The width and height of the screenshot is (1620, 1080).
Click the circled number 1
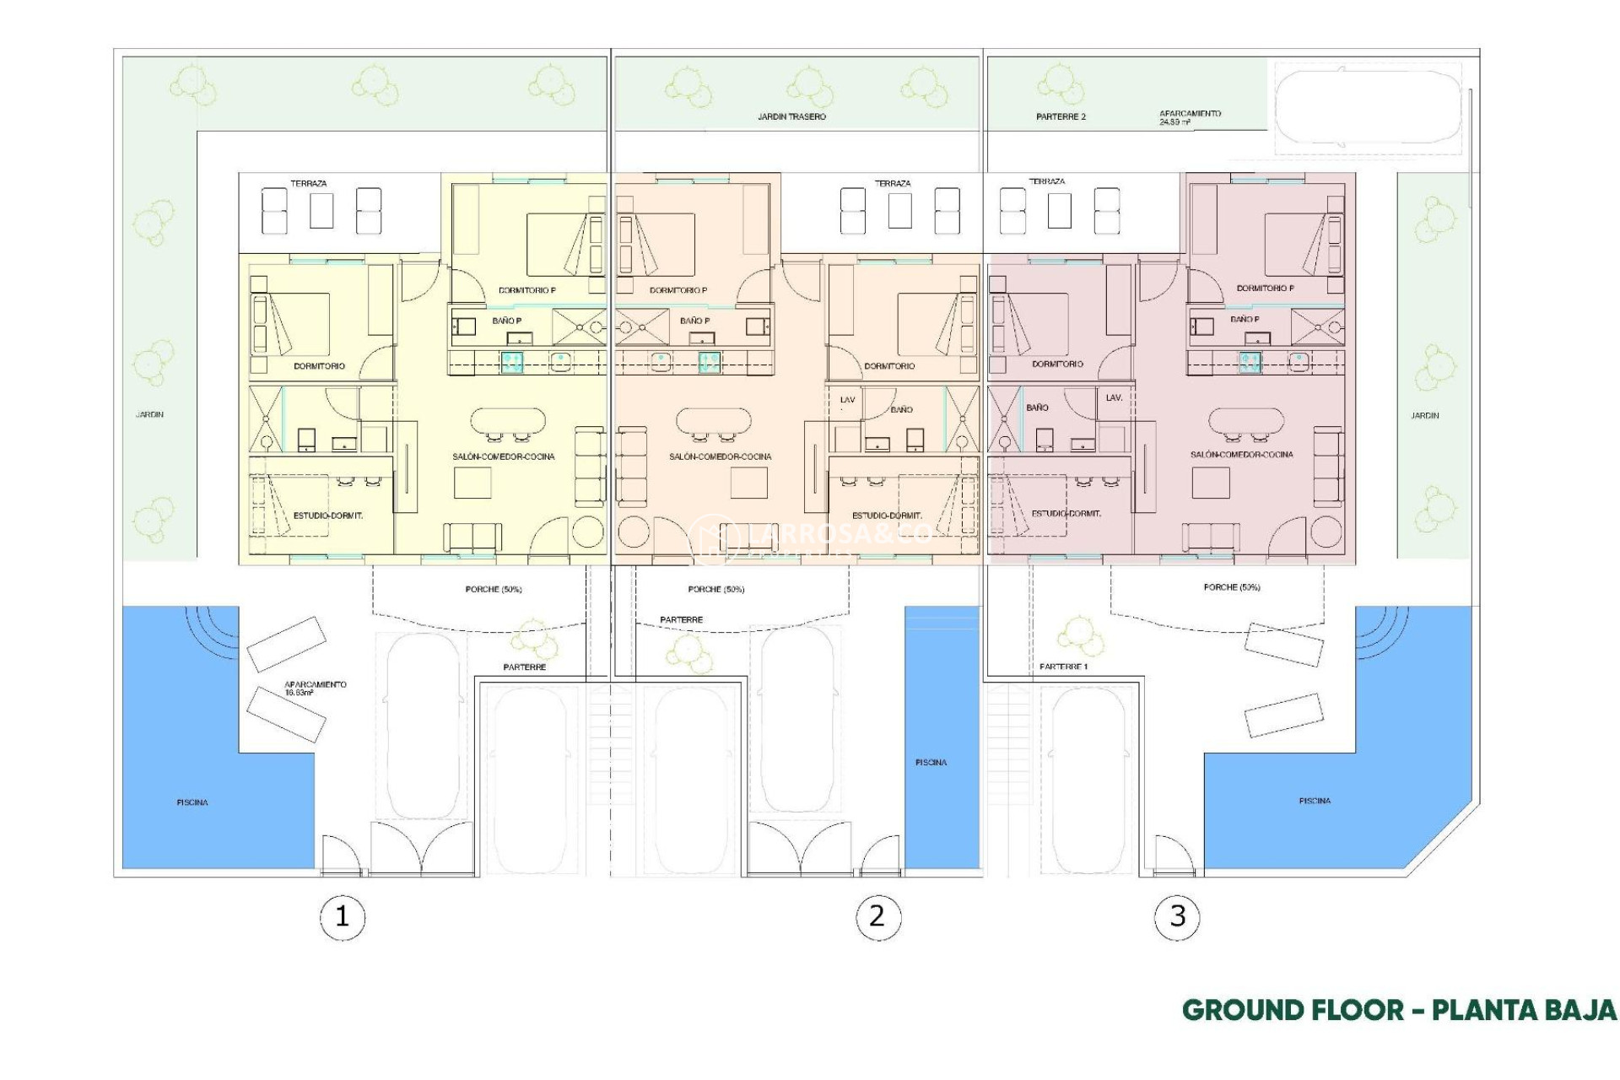342,916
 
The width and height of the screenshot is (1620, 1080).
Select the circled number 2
877,916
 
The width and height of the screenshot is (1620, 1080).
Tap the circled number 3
1177,916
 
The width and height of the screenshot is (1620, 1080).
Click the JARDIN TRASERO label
791,116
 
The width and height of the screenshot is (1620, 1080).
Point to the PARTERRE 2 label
1061,116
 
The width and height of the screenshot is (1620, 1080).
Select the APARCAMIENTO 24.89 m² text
1190,117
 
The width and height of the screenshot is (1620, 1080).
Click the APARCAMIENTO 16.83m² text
315,688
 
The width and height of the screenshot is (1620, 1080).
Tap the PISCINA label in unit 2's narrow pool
931,762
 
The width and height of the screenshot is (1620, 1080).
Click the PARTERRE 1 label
1063,667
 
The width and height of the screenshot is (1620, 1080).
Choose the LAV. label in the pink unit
1114,397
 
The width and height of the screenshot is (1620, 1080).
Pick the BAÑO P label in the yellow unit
507,321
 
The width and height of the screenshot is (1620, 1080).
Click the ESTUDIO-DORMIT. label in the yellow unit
327,516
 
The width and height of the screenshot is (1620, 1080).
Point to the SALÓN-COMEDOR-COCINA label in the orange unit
720,456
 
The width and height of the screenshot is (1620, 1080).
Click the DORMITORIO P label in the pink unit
1265,288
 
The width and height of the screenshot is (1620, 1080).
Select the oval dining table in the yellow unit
507,421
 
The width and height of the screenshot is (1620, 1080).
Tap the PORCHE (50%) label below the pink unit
1231,586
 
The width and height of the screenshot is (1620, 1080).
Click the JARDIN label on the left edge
149,414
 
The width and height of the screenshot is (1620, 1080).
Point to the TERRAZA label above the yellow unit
308,183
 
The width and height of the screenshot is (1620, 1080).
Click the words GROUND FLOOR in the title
1292,1010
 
